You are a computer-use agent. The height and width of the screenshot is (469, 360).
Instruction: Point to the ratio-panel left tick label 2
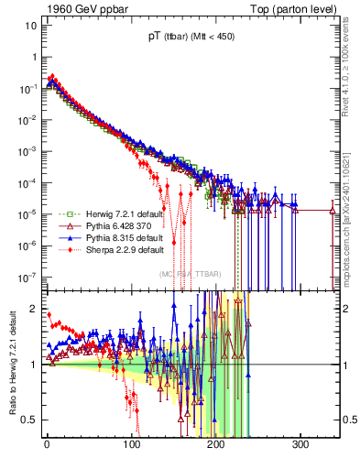point(33,309)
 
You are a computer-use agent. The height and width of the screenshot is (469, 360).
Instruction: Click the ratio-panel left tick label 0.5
point(29,420)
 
